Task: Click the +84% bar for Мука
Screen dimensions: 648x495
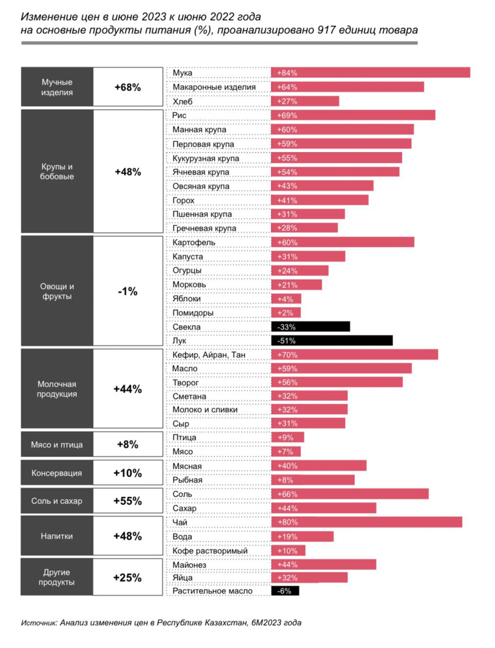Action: click(370, 72)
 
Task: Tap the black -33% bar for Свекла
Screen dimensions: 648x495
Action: click(311, 327)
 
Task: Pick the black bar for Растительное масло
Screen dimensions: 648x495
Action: click(285, 591)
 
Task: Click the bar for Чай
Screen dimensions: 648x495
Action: click(366, 522)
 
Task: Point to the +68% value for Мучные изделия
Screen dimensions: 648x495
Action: click(128, 87)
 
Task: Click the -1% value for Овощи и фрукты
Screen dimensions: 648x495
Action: click(128, 291)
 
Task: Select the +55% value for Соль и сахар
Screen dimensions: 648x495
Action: click(128, 501)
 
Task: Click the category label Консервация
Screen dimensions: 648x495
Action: click(57, 473)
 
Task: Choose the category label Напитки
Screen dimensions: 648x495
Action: click(57, 536)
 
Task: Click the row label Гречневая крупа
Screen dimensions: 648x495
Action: click(204, 228)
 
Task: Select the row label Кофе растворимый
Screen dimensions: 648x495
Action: click(210, 550)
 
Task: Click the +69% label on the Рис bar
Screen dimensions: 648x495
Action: click(287, 115)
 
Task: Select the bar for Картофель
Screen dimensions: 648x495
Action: click(342, 242)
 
